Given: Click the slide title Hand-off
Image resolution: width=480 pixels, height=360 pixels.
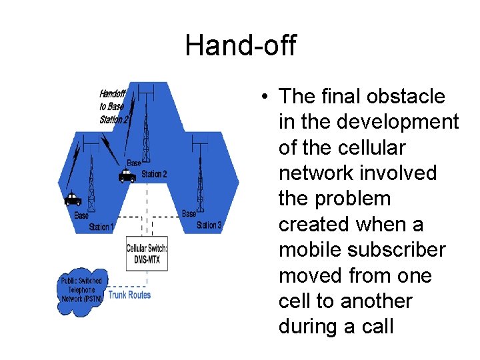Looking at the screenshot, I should pos(240,46).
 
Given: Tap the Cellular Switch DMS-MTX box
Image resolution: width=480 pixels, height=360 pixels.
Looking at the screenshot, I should pos(147,253).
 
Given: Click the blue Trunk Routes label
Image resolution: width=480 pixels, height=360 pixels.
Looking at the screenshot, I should pos(129,295).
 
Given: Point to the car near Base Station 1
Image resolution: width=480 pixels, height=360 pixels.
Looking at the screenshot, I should pos(73,199).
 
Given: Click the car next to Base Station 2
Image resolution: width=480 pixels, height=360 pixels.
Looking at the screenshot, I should pos(127,176).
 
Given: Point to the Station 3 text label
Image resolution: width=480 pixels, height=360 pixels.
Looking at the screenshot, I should pos(208,225).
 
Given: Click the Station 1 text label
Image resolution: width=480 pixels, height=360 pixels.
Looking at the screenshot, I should pos(101,227).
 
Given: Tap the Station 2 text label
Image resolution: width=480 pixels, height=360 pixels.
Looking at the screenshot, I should pos(154,174).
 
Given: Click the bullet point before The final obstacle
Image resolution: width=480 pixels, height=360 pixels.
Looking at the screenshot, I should pos(265,97).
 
